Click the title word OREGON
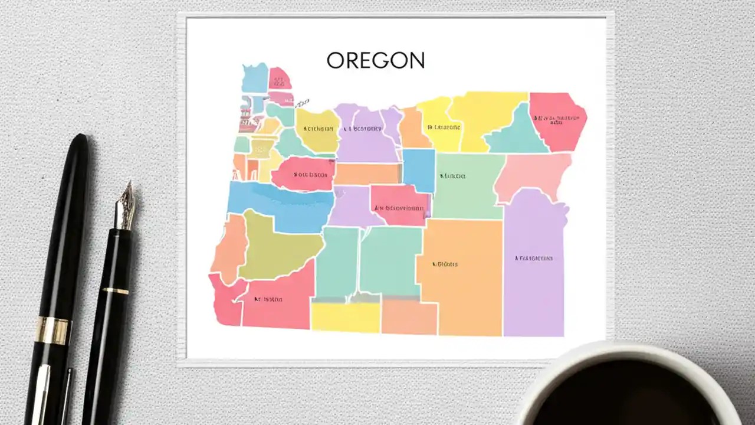click(x=375, y=60)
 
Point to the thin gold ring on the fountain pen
click(x=116, y=290)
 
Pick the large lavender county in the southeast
click(x=534, y=266)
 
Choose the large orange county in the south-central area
click(x=463, y=272)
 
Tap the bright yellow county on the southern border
click(x=345, y=317)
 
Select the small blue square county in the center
click(x=419, y=170)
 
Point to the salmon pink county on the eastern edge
click(x=534, y=174)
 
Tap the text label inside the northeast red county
click(x=556, y=119)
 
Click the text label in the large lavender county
click(x=534, y=258)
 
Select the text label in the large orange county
click(x=445, y=264)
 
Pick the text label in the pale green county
click(x=452, y=176)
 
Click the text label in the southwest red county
click(x=268, y=299)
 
